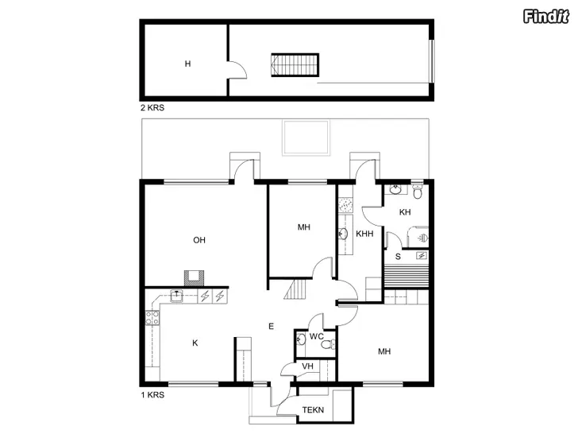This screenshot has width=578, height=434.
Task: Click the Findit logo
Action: pyautogui.click(x=546, y=16)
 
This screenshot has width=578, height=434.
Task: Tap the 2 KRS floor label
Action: pyautogui.click(x=152, y=108)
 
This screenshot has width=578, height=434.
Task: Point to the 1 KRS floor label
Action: pyautogui.click(x=152, y=395)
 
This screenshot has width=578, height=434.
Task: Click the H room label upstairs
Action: pyautogui.click(x=187, y=64)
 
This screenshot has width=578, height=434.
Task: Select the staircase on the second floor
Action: pyautogui.click(x=295, y=65)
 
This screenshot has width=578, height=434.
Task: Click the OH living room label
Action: pyautogui.click(x=199, y=240)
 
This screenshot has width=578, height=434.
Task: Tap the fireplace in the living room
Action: pyautogui.click(x=195, y=278)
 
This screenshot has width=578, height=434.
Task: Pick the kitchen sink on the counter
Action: pyautogui.click(x=176, y=296)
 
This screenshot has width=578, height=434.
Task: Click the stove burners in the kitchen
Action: pyautogui.click(x=152, y=318)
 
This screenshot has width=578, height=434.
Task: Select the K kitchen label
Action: pyautogui.click(x=195, y=343)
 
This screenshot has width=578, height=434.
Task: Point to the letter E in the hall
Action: pyautogui.click(x=272, y=326)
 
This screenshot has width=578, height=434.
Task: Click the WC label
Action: pyautogui.click(x=317, y=336)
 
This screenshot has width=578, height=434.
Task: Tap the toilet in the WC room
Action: pyautogui.click(x=328, y=345)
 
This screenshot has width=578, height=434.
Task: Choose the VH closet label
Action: pyautogui.click(x=307, y=366)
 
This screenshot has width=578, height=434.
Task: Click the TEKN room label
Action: pyautogui.click(x=313, y=410)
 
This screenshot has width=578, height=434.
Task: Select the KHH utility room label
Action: pyautogui.click(x=364, y=234)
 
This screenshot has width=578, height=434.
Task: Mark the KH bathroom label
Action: pyautogui.click(x=405, y=212)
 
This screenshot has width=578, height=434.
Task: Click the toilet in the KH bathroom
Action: pyautogui.click(x=418, y=191)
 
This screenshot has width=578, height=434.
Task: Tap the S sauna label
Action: pyautogui.click(x=398, y=257)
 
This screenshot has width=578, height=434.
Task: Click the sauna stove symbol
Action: pyautogui.click(x=422, y=255)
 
